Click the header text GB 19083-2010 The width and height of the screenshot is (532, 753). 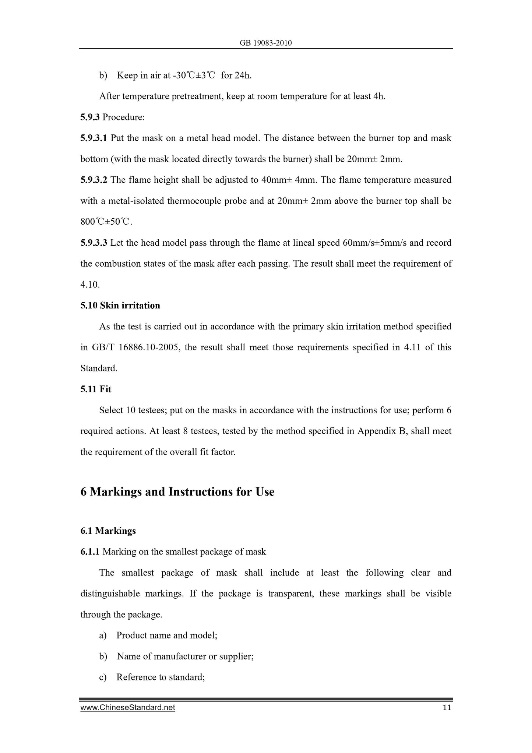pos(265,43)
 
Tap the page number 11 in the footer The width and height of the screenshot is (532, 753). pos(447,707)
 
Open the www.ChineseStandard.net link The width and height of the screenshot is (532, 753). pos(128,708)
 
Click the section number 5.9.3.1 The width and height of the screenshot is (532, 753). pos(94,138)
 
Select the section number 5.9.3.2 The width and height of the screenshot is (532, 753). pos(94,180)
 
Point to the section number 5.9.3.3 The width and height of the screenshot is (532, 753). pos(94,243)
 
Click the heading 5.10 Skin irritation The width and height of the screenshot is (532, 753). pos(120,306)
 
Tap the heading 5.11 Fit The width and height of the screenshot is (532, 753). pos(96,389)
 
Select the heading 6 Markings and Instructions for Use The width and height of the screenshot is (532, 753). pos(177,492)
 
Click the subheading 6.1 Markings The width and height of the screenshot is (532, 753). pos(108,531)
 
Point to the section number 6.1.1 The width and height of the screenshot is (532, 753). pos(90,552)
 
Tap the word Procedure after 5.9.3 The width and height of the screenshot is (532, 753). pos(123,118)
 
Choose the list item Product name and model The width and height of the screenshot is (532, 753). pos(166,635)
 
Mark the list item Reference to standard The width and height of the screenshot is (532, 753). pos(161,677)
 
